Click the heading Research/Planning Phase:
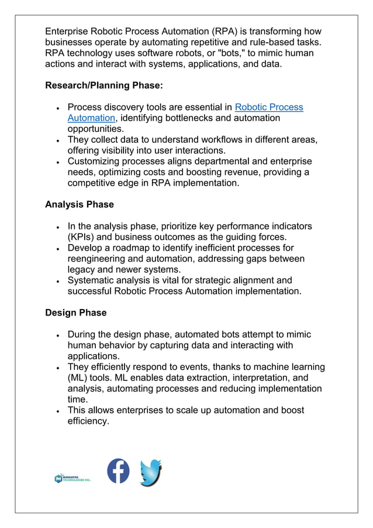point(104,85)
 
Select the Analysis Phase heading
point(79,205)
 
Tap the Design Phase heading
point(75,313)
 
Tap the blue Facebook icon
point(118,471)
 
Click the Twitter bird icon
point(151,472)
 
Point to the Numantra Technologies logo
point(72,478)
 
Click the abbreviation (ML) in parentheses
point(79,378)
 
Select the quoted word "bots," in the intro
point(239,53)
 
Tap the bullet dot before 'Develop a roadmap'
point(57,249)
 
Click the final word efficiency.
point(88,421)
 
